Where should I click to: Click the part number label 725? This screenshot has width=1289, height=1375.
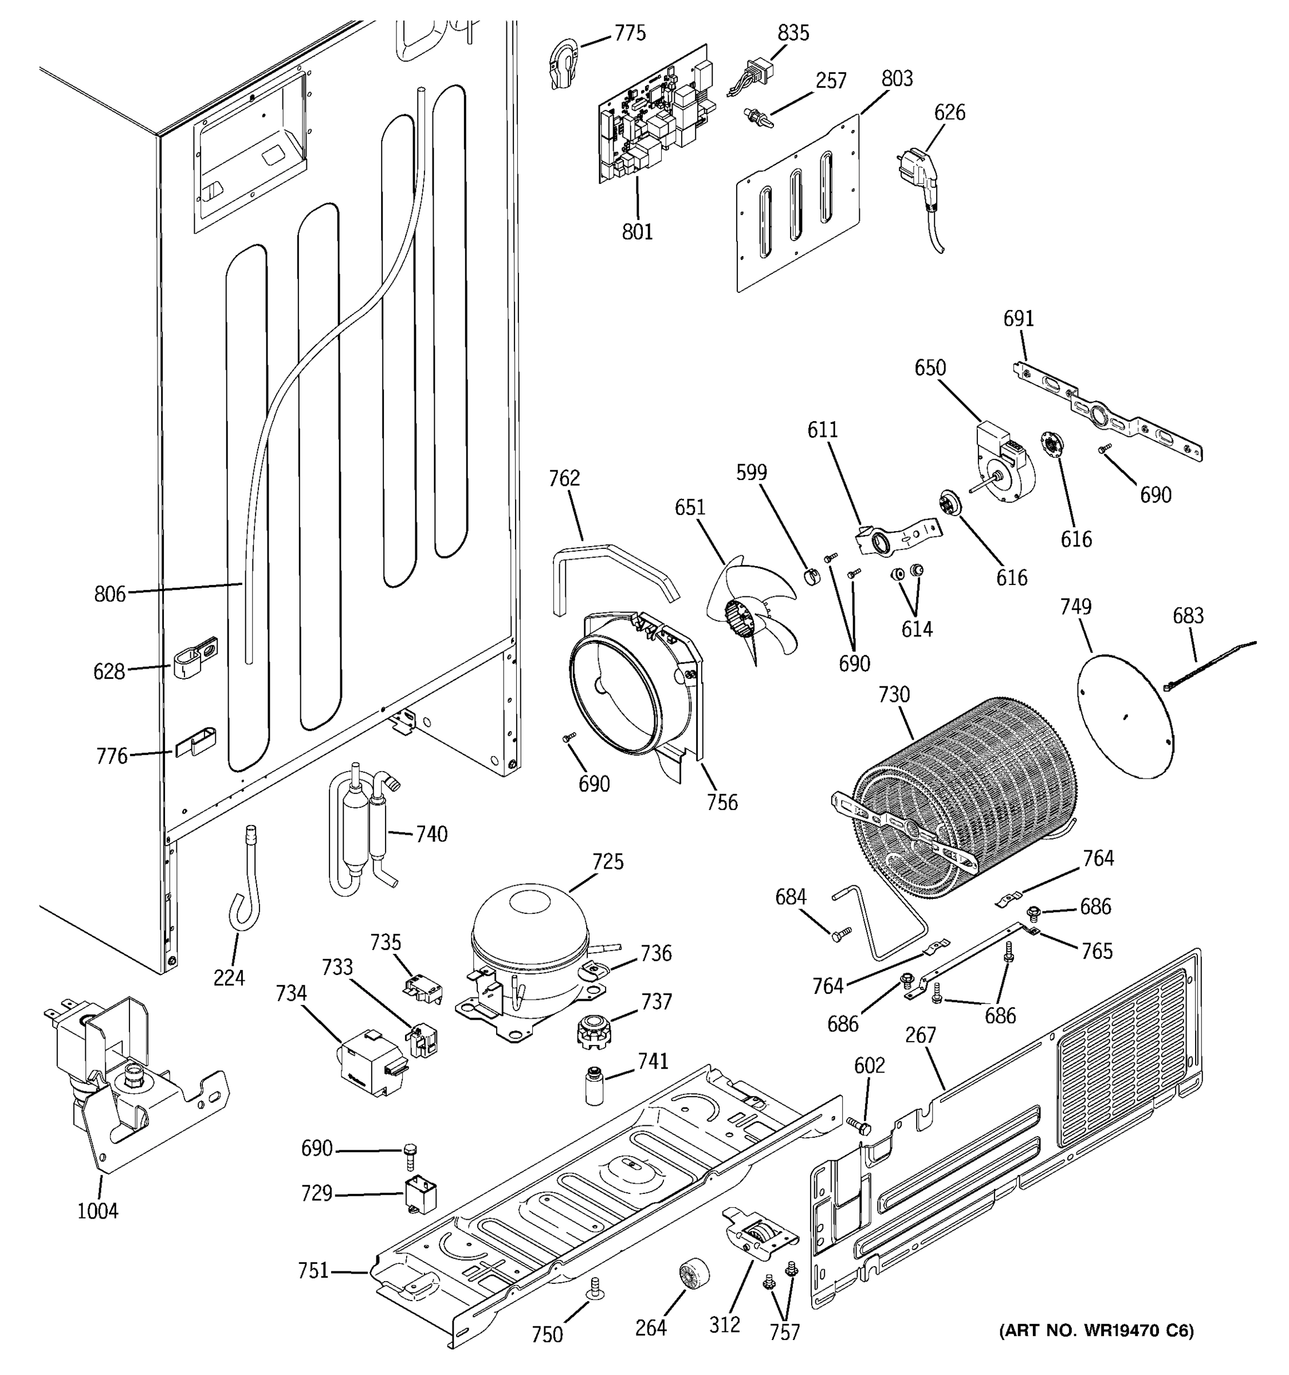(x=607, y=862)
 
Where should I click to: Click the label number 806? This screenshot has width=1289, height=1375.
(x=110, y=594)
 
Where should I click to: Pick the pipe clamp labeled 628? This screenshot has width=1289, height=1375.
(x=193, y=657)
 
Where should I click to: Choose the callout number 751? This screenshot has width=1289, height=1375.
(x=313, y=1271)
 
